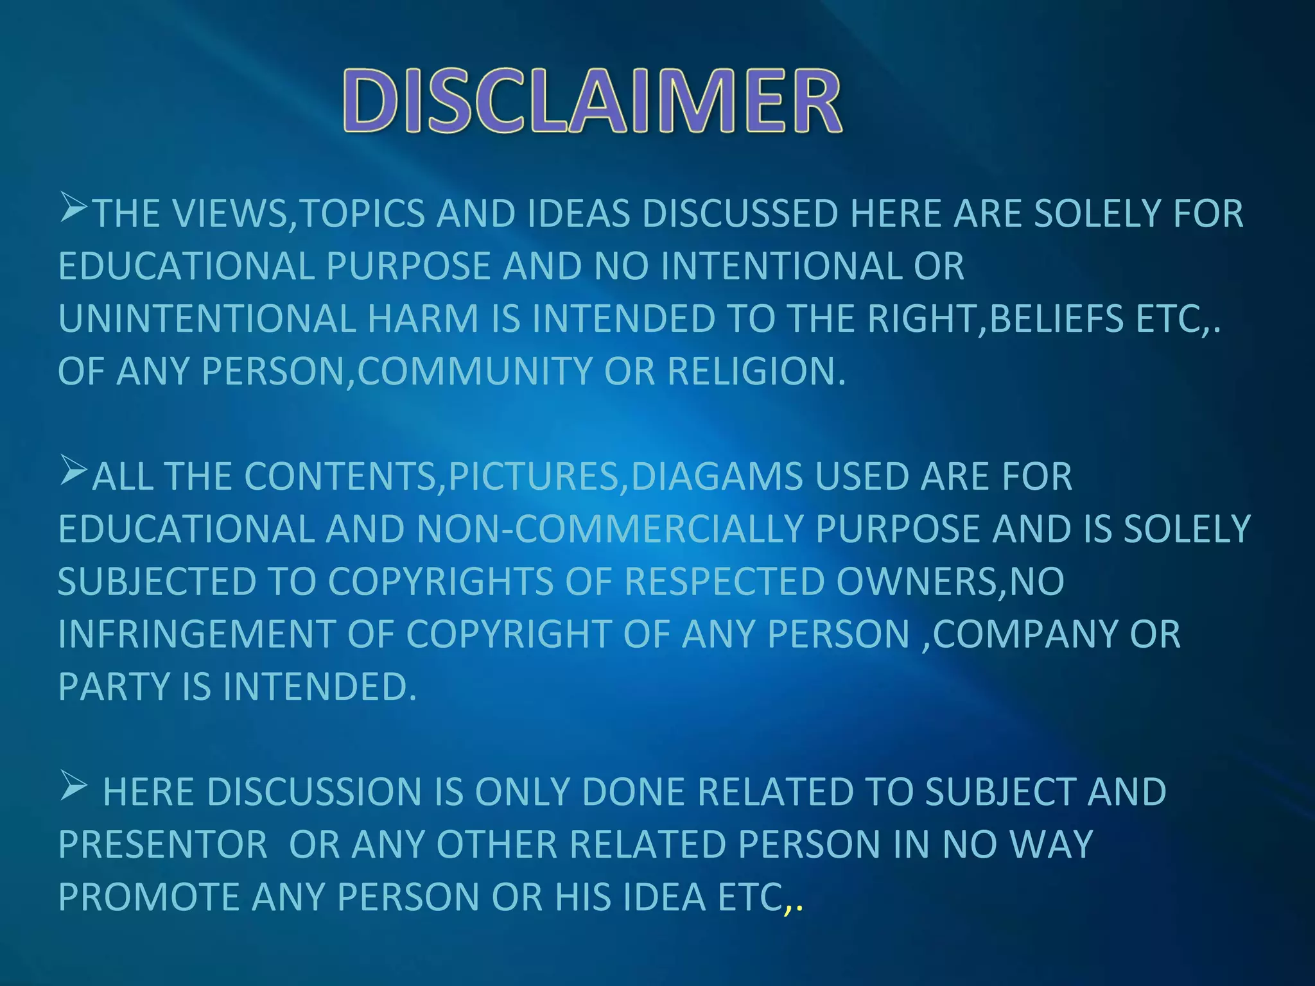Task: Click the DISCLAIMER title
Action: tap(591, 102)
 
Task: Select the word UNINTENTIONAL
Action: tap(207, 319)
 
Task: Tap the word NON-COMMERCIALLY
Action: tap(610, 530)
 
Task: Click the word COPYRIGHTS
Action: tap(441, 582)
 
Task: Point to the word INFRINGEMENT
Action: tap(196, 635)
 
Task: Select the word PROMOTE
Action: tap(148, 897)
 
